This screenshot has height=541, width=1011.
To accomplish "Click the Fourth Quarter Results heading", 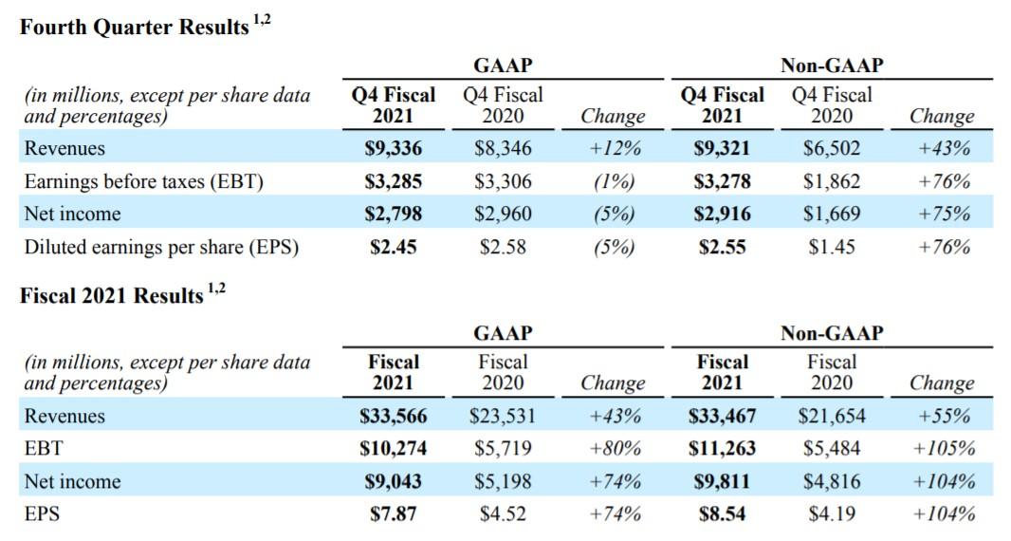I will (x=134, y=28).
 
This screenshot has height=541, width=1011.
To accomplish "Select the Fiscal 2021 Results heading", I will (x=112, y=295).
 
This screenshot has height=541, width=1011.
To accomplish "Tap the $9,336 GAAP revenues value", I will (x=394, y=148).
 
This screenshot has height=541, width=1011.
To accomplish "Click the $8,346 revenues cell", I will (x=503, y=148).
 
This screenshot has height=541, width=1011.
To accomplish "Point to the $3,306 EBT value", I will (x=503, y=181).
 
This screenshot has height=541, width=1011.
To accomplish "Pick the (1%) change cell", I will (x=613, y=181).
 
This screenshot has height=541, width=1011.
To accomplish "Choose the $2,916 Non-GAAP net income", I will (x=723, y=214).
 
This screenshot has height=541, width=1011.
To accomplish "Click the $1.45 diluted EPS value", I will (x=832, y=247).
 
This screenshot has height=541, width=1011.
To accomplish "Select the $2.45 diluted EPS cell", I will (x=394, y=247).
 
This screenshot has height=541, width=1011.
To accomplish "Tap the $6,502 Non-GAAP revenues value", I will (x=832, y=148).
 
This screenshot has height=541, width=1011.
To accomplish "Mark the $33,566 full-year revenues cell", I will (x=394, y=416).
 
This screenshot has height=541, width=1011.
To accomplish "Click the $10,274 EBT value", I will (x=394, y=448).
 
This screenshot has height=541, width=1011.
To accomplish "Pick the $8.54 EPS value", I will (x=723, y=514).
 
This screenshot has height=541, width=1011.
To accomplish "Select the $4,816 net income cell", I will (x=832, y=481).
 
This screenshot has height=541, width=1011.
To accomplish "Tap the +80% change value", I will (x=615, y=448).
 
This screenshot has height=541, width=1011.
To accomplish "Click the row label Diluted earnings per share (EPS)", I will (x=161, y=247).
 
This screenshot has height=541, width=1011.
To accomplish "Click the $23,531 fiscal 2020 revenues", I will (x=503, y=416).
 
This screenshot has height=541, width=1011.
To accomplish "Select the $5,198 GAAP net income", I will (x=503, y=481).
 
